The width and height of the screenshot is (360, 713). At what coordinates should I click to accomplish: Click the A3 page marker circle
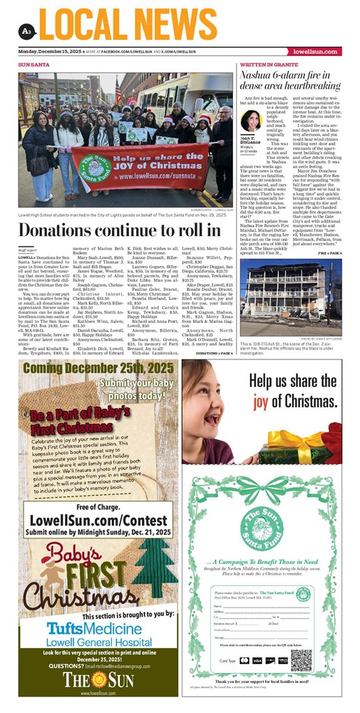pos(26,29)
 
